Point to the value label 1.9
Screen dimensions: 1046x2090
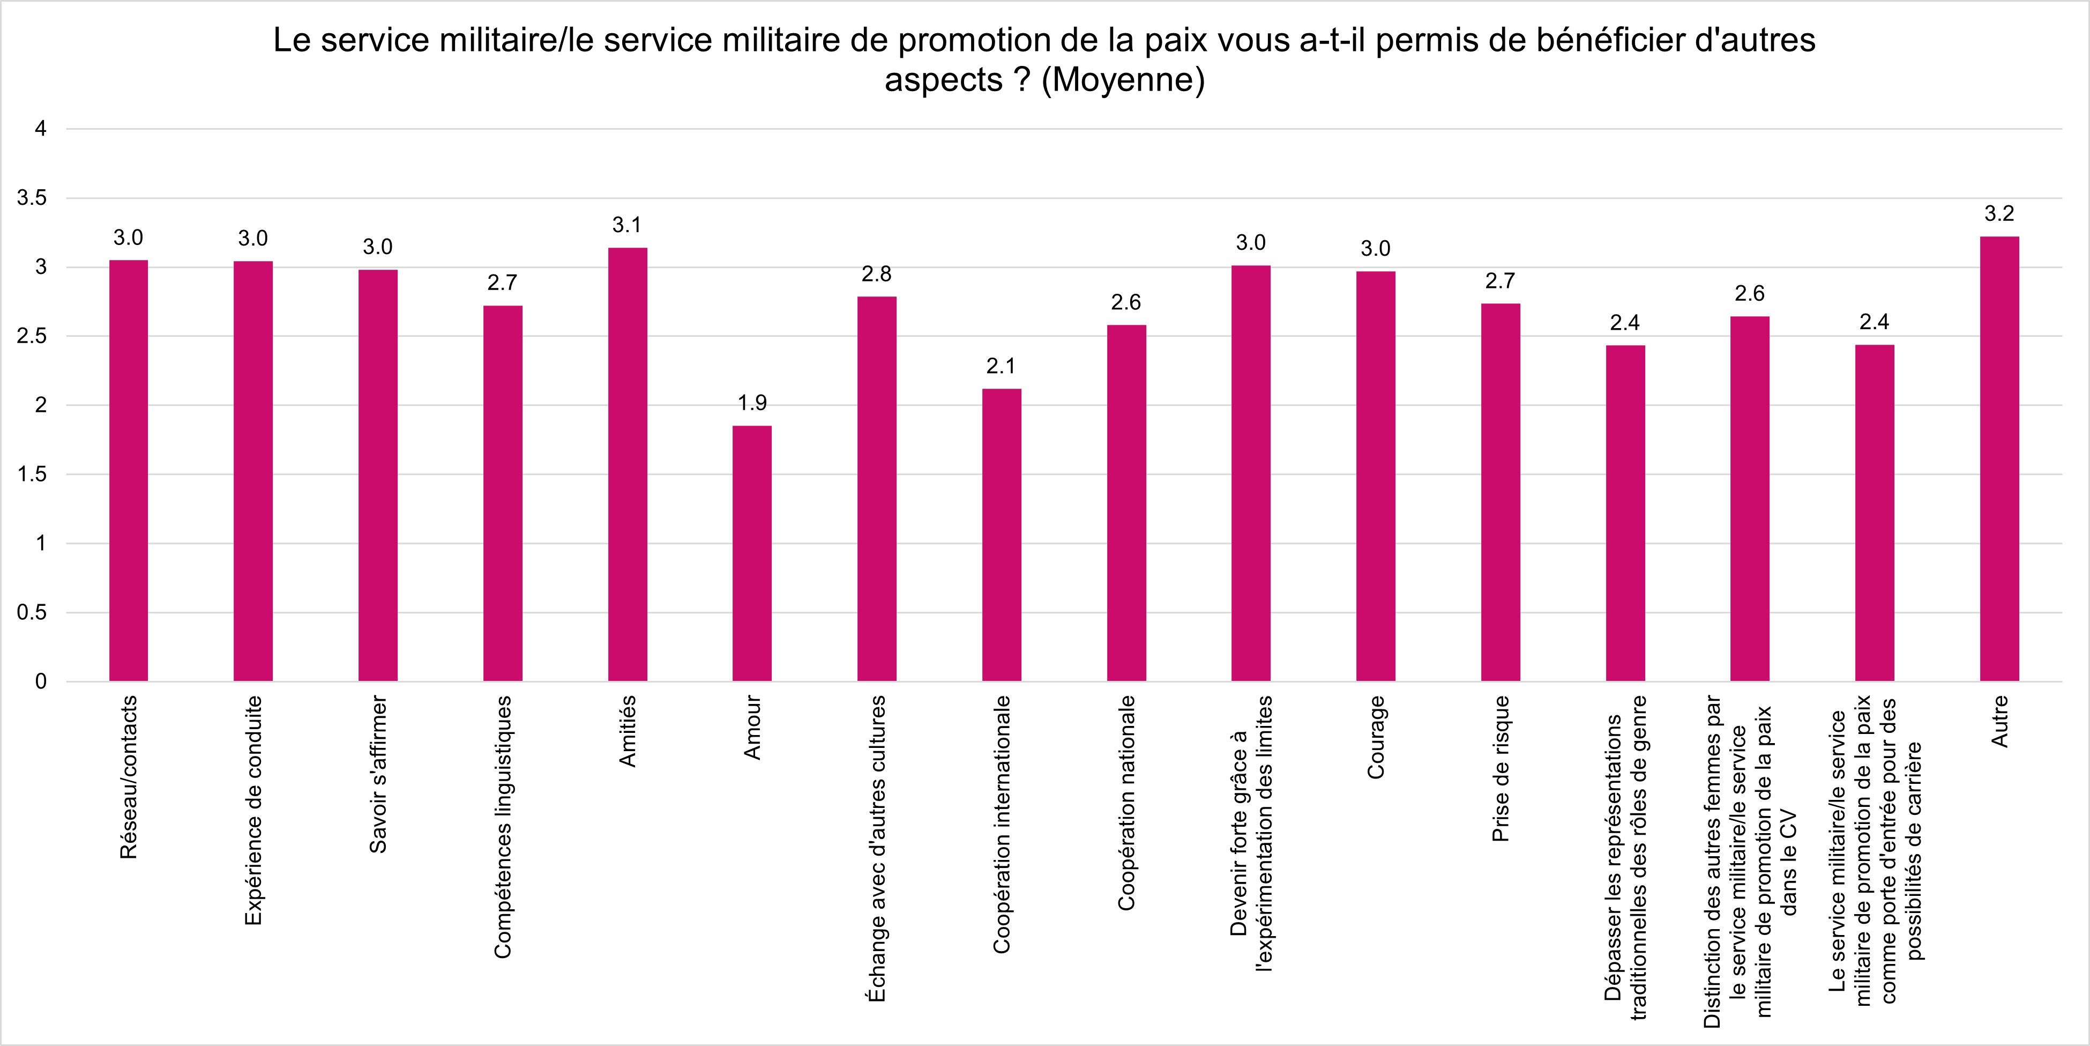coord(752,403)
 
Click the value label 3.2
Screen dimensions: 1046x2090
coord(1999,213)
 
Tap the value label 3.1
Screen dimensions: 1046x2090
coord(627,225)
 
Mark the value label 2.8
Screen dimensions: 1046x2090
coord(877,275)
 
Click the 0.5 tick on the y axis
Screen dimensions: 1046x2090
coord(32,613)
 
